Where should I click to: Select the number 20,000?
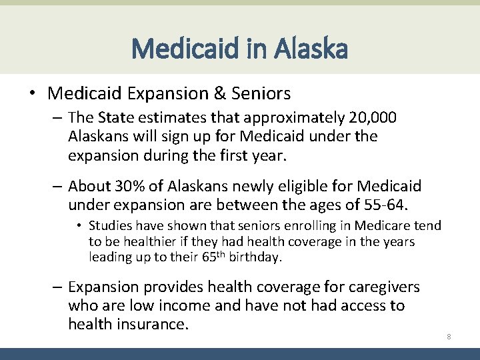tap(373, 118)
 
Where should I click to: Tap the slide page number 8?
tap(449, 337)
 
